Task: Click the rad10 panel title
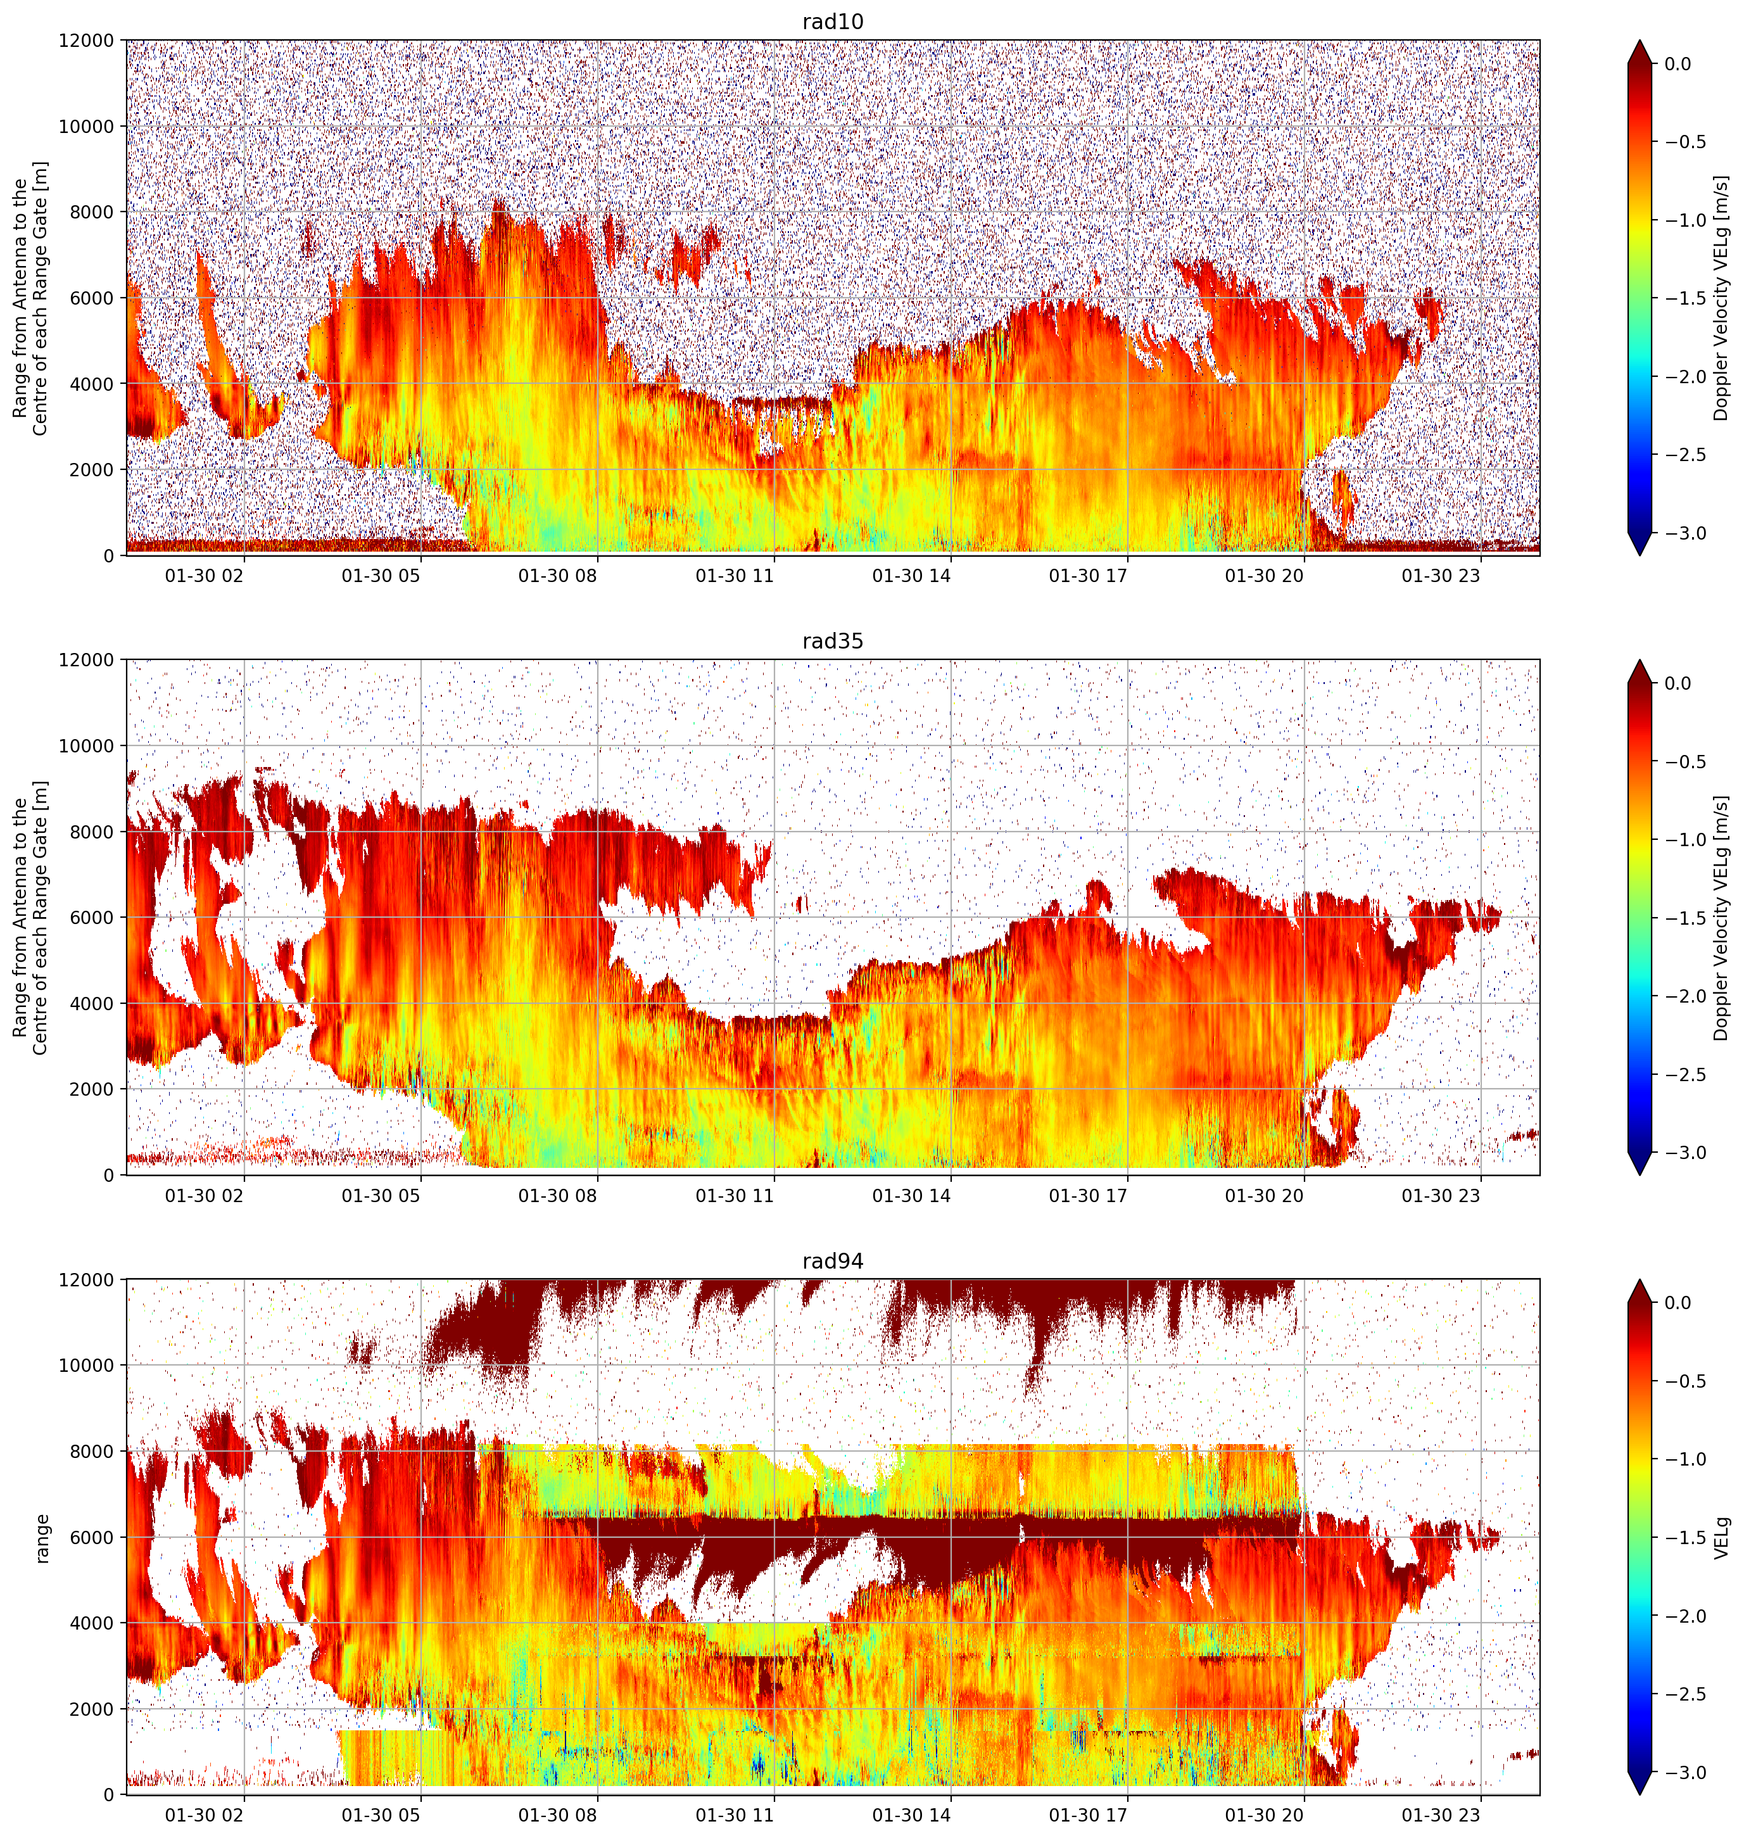[833, 22]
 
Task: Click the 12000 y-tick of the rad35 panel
[87, 660]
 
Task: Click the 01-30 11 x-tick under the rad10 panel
[735, 576]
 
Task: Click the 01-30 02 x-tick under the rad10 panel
[205, 576]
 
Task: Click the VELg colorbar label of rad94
[1722, 1538]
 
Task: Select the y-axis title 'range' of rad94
[42, 1538]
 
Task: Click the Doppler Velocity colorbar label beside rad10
[1722, 298]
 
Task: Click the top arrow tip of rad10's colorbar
[1640, 40]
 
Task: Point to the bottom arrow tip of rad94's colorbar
[1640, 1794]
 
